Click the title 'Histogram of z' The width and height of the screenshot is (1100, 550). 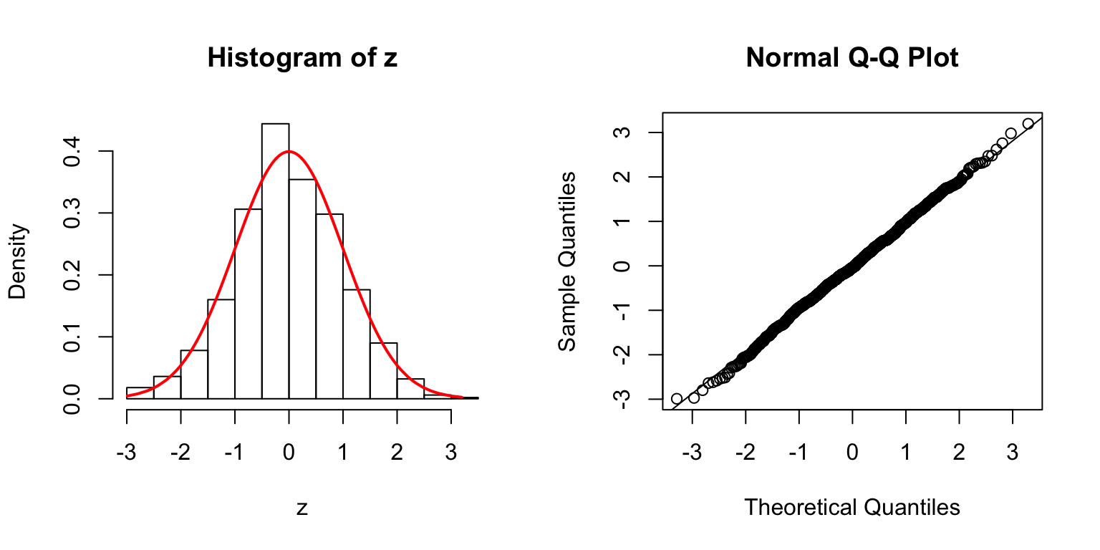point(302,59)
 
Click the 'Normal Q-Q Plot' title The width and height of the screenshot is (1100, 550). point(852,59)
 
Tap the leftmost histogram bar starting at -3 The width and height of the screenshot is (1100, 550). point(140,392)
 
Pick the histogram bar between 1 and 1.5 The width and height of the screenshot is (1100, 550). point(356,344)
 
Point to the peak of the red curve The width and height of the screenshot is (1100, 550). point(289,151)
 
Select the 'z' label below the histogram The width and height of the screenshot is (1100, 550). point(302,508)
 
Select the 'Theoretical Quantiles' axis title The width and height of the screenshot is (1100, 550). point(852,507)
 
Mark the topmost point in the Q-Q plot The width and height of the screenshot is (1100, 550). point(1028,124)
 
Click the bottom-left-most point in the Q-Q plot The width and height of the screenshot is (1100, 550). point(677,398)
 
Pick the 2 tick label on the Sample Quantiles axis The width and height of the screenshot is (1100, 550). point(622,177)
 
